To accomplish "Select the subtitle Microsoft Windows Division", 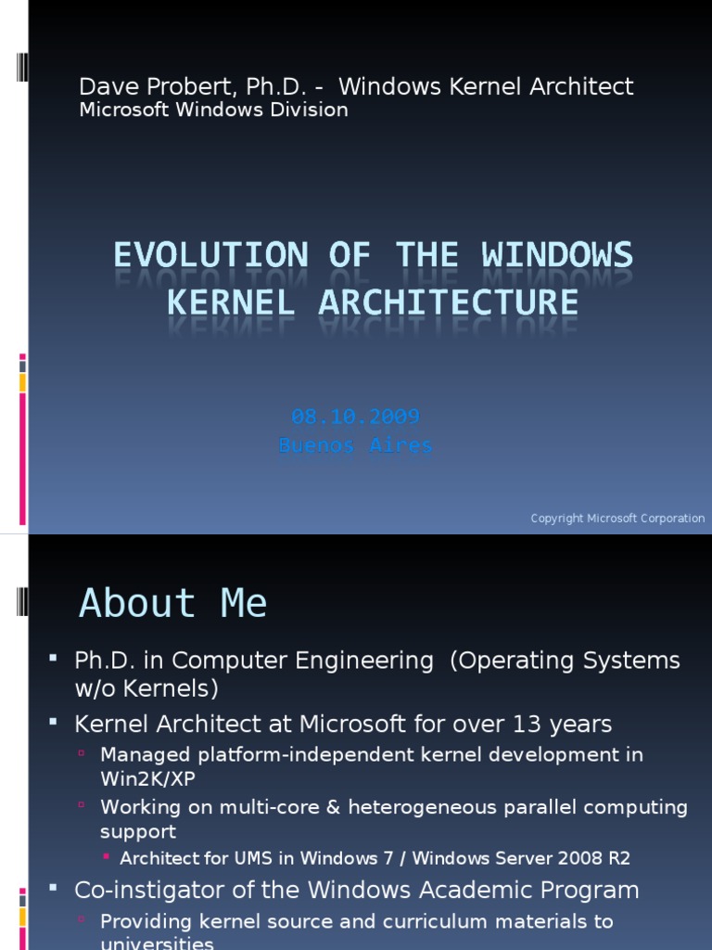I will click(x=213, y=110).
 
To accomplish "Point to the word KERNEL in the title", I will click(x=236, y=302).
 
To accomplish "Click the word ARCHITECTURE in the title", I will click(x=448, y=302).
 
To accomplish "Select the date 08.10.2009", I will click(x=355, y=417).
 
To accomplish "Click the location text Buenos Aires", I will click(x=355, y=445).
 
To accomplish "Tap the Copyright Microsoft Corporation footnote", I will click(x=617, y=519).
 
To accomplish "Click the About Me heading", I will click(x=173, y=604).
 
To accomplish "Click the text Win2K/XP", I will click(x=147, y=778).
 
